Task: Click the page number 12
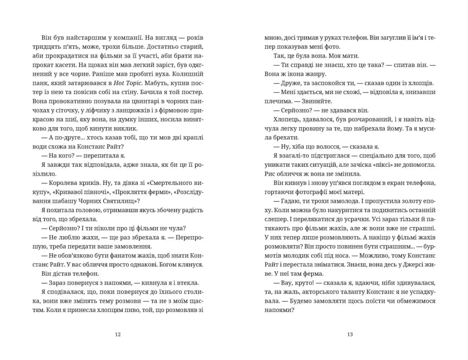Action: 118,335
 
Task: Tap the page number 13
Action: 350,335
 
